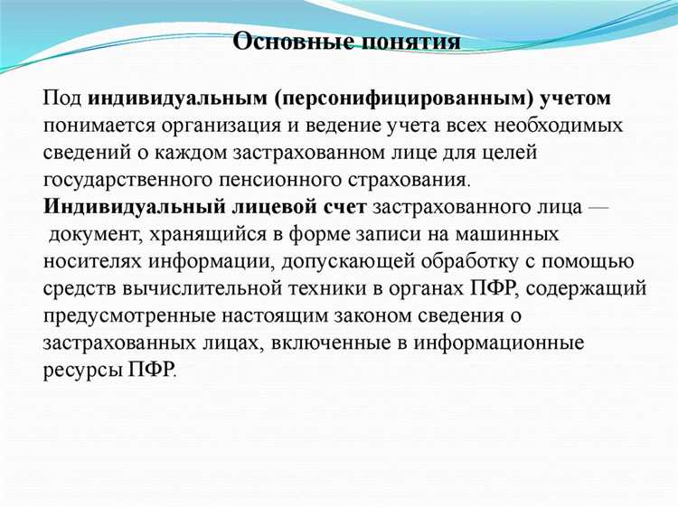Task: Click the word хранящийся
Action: coord(214,234)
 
